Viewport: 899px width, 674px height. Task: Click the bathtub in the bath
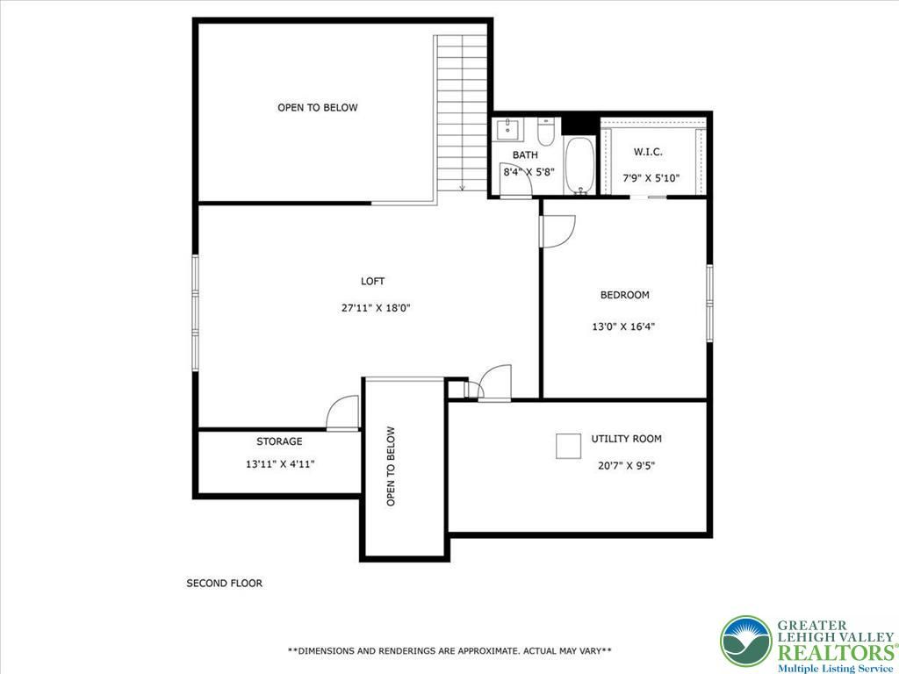pos(580,165)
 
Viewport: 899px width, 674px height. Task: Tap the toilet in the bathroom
pos(545,132)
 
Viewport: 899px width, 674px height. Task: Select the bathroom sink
pos(508,129)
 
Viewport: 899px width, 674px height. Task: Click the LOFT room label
pos(372,282)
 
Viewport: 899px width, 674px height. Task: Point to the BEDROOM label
pos(624,295)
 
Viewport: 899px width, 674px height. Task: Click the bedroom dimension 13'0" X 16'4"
pos(623,327)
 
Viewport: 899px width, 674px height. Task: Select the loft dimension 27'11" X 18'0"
pos(376,308)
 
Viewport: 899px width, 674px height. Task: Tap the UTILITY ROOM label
pos(626,439)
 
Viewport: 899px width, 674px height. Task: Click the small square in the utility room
pos(568,446)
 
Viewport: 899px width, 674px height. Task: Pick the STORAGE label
pos(279,442)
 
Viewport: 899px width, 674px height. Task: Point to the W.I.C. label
pos(648,153)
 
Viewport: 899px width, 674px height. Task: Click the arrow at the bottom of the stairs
pos(462,187)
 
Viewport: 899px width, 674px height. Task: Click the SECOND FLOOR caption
pos(224,584)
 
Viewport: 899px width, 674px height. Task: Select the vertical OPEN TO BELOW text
pos(391,466)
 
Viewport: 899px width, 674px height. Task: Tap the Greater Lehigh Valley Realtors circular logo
pos(746,642)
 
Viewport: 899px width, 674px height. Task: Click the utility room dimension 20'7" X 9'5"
pos(626,466)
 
